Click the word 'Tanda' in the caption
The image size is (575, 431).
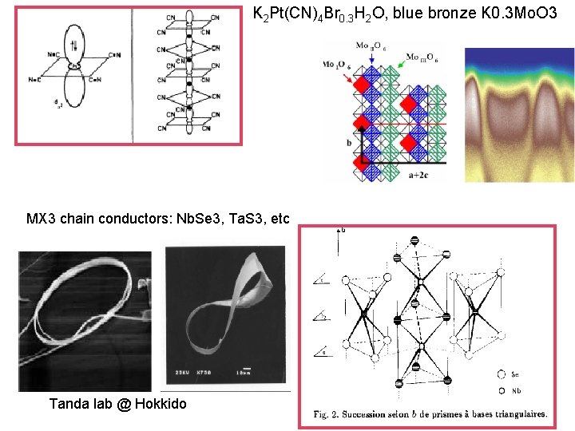69,404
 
